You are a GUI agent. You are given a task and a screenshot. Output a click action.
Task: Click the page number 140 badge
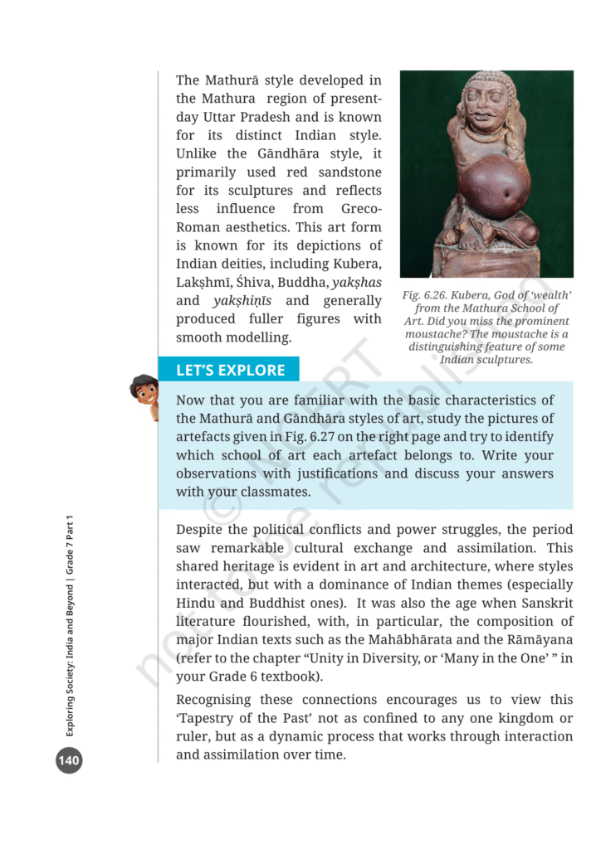click(69, 759)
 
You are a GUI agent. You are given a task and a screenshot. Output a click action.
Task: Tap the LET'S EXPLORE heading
click(230, 371)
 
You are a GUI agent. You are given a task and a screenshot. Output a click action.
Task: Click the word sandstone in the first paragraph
click(342, 172)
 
